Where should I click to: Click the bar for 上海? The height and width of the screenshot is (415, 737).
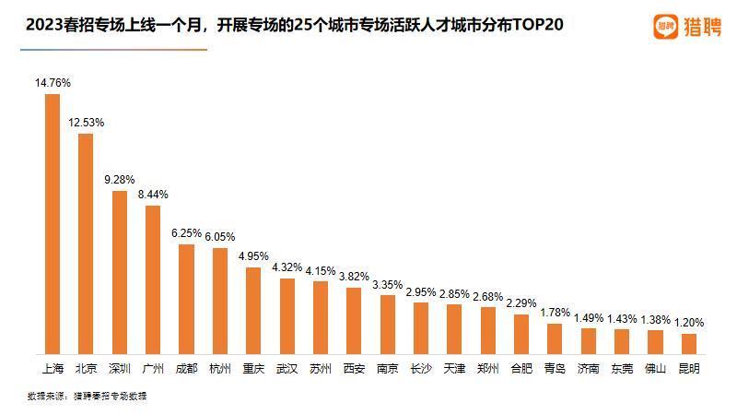[53, 224]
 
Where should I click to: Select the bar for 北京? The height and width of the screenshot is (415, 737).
[86, 244]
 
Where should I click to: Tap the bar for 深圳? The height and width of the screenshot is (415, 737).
[119, 273]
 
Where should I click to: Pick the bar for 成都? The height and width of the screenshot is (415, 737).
[186, 300]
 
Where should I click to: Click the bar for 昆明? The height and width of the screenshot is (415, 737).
[688, 344]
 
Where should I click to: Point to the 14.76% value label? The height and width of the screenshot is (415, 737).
[53, 83]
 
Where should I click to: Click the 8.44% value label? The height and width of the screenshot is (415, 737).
[153, 195]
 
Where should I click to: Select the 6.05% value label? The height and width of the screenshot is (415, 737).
[219, 237]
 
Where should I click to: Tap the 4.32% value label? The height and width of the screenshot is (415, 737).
[287, 267]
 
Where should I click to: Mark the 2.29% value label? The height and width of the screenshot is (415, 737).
[521, 303]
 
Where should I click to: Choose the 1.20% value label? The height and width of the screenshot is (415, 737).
[688, 323]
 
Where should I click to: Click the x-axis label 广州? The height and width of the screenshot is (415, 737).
[153, 369]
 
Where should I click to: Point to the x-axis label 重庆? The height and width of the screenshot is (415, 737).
[253, 369]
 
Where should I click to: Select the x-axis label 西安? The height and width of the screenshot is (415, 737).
[354, 369]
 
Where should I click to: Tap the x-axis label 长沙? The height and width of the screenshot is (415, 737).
[420, 369]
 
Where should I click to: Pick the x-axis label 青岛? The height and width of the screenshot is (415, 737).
[555, 369]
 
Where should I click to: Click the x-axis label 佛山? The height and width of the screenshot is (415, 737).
[655, 369]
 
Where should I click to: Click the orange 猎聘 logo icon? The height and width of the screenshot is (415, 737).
[666, 27]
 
